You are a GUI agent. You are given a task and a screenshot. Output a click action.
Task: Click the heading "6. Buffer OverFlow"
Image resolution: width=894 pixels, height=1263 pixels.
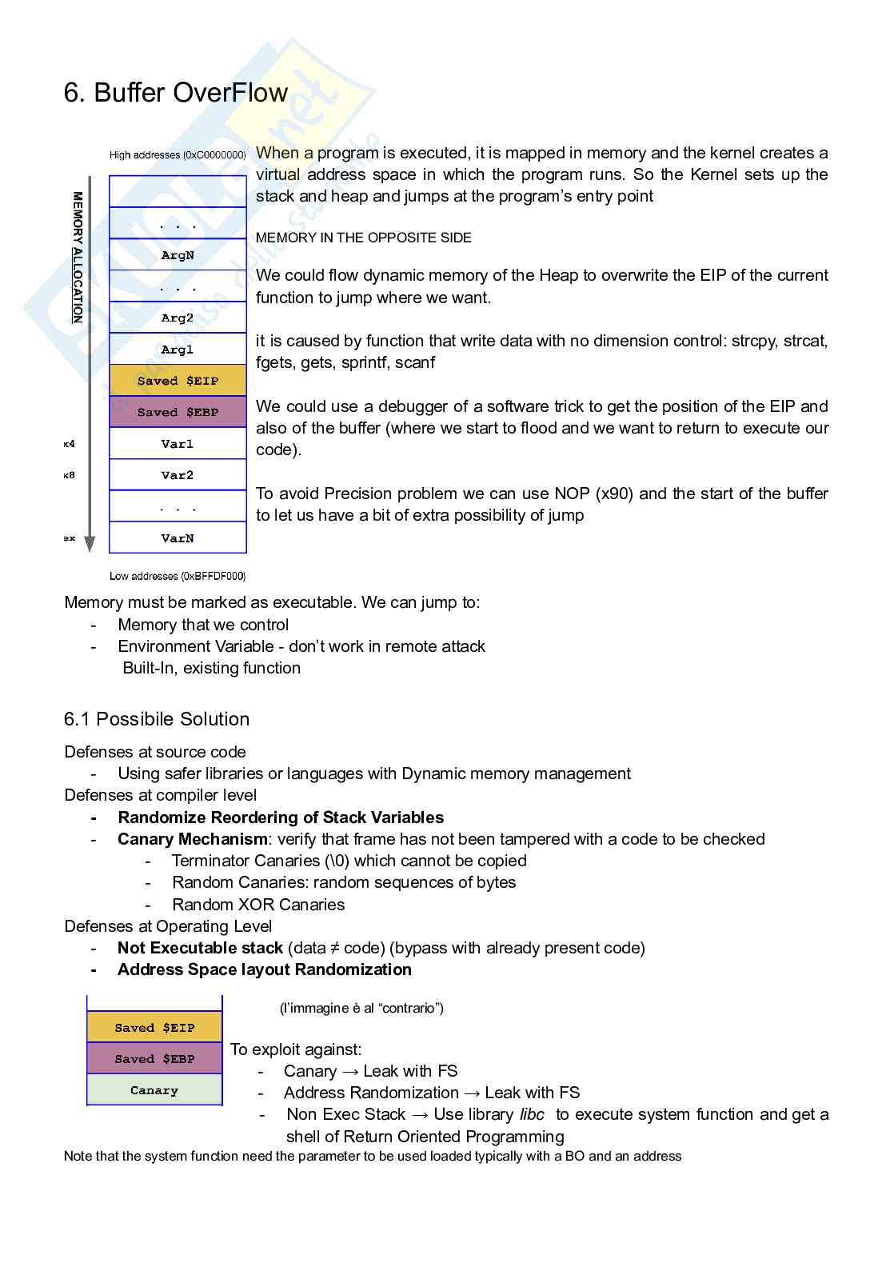[175, 93]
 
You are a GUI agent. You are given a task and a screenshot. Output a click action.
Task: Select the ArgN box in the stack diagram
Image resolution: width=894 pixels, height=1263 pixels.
[178, 255]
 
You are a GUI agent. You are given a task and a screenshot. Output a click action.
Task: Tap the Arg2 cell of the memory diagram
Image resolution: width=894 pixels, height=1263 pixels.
[178, 318]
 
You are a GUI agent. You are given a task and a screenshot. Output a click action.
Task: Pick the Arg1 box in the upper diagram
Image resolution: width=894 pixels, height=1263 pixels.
[178, 350]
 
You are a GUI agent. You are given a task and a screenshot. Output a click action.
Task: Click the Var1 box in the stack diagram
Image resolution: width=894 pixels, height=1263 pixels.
[178, 444]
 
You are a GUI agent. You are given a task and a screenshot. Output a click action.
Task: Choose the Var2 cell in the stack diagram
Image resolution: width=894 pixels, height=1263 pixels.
[178, 475]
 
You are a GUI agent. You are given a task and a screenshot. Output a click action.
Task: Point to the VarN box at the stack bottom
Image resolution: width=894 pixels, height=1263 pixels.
[178, 538]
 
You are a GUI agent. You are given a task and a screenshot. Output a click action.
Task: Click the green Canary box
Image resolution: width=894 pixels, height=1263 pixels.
[154, 1090]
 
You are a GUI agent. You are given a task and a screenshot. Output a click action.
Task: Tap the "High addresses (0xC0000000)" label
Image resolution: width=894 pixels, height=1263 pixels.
[178, 155]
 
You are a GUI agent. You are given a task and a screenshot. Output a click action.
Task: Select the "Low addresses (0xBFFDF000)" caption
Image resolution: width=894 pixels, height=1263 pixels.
[178, 576]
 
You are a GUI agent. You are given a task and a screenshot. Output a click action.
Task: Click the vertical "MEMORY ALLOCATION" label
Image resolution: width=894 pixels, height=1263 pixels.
[78, 257]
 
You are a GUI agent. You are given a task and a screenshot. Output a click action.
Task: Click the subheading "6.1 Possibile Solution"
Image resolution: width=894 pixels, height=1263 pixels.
[157, 719]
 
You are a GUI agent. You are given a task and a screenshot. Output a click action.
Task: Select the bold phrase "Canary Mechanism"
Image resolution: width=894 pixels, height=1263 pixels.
[193, 839]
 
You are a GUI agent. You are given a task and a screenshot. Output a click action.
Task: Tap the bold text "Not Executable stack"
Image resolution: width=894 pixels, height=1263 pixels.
[200, 948]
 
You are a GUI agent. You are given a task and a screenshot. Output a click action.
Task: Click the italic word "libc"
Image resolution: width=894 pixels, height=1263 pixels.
[532, 1114]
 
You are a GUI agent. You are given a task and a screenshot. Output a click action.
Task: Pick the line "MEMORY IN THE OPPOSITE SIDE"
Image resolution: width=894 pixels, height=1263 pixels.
[364, 238]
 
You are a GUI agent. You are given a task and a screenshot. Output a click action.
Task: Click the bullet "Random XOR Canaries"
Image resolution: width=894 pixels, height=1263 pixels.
[258, 905]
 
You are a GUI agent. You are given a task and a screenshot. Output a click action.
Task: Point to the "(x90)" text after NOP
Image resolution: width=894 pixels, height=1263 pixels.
[614, 494]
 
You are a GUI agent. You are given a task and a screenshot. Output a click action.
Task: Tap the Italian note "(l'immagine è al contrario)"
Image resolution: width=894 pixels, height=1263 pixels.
[361, 1008]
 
